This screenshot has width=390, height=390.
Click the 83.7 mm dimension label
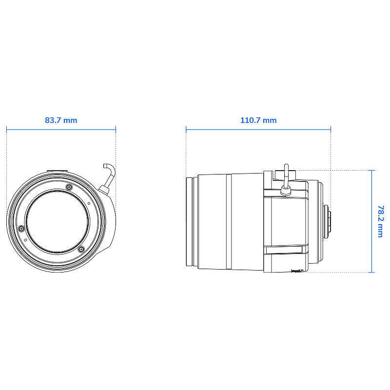[x=61, y=120]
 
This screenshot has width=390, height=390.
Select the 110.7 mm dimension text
[x=258, y=120]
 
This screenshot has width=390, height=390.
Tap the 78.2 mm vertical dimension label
[x=381, y=221]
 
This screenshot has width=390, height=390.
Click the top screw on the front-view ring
[x=68, y=187]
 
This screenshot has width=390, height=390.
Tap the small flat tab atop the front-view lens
[x=58, y=171]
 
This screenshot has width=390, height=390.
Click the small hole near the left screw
[x=25, y=240]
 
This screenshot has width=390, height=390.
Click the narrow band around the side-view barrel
[x=228, y=221]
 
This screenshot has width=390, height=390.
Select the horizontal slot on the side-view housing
[x=286, y=251]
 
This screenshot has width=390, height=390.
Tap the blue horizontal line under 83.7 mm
[x=61, y=129]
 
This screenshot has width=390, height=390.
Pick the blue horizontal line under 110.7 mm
[x=258, y=129]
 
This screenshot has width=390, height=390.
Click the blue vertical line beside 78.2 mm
[x=372, y=221]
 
